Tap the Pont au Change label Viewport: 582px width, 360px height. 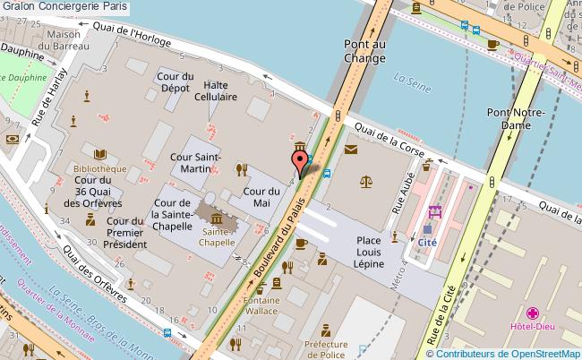coord(364,50)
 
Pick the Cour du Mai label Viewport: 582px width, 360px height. coord(262,197)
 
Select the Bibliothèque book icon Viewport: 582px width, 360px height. coord(100,154)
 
